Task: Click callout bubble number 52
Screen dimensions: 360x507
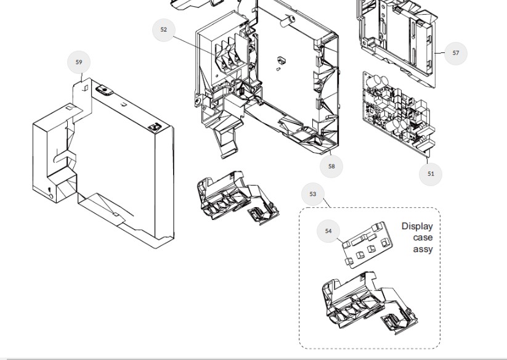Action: pyautogui.click(x=163, y=30)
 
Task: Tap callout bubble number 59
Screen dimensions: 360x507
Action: pyautogui.click(x=79, y=62)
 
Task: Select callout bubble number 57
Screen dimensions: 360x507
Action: pyautogui.click(x=456, y=53)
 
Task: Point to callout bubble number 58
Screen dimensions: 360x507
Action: pyautogui.click(x=331, y=166)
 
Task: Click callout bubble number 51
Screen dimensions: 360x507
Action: pyautogui.click(x=431, y=174)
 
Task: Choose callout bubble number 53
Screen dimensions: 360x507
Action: pyautogui.click(x=313, y=194)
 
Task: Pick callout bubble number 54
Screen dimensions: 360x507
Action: pyautogui.click(x=328, y=231)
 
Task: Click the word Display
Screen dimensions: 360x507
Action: pyautogui.click(x=417, y=226)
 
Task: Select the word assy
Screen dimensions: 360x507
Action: pyautogui.click(x=423, y=249)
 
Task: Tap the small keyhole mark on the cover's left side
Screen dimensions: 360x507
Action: pyautogui.click(x=51, y=189)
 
